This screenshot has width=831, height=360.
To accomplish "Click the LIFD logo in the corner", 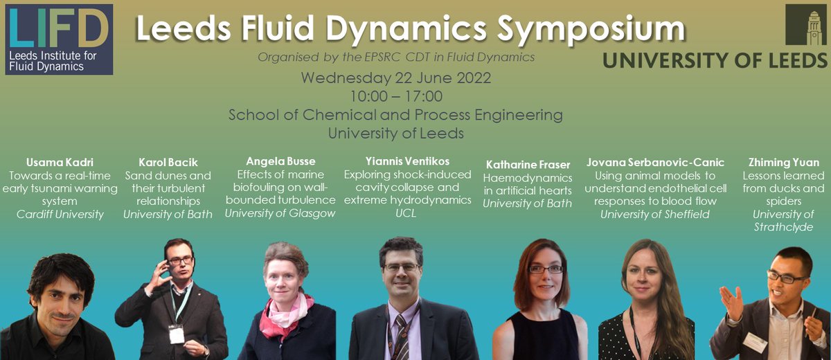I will click(x=58, y=39).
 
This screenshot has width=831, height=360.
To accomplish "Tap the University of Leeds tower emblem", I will click(x=806, y=26).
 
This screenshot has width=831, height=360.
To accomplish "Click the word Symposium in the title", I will click(x=589, y=30).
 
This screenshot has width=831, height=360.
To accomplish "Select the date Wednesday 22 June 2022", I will click(x=395, y=78).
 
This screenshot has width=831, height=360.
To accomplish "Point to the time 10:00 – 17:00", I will click(x=395, y=96).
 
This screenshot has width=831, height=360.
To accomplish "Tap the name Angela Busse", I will click(x=280, y=161).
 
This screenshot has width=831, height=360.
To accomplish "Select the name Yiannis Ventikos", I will click(x=397, y=161).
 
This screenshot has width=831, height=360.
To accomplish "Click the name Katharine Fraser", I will click(x=528, y=165).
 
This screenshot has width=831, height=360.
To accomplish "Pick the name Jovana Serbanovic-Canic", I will click(x=655, y=163).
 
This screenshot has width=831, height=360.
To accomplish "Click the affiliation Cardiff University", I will click(x=60, y=214).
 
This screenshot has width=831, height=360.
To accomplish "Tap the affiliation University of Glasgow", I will click(x=280, y=213).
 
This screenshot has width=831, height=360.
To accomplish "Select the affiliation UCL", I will click(x=397, y=213).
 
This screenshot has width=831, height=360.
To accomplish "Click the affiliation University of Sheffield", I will click(x=655, y=214).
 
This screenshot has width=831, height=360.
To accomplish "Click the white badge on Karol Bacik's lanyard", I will click(x=177, y=334).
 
